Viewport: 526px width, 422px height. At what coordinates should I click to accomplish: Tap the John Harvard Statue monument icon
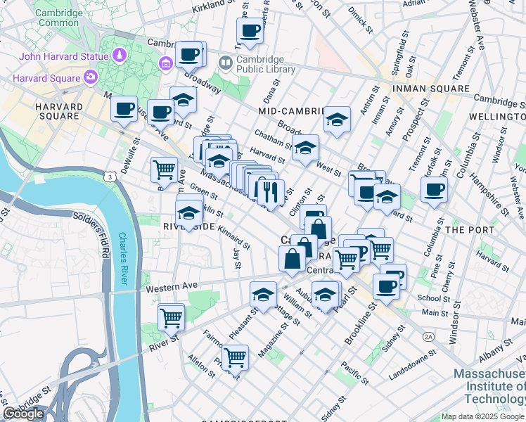pos(120,54)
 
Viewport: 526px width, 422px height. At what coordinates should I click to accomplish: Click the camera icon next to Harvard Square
pos(90,76)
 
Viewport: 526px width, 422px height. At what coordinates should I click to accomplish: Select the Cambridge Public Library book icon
pos(225,63)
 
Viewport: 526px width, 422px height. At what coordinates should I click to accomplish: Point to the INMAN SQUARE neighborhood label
pos(430,89)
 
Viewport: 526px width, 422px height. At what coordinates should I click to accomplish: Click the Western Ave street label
pos(166,287)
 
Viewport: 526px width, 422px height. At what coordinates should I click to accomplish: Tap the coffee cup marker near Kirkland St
pos(250,30)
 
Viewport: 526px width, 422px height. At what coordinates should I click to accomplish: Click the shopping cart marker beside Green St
pos(164,168)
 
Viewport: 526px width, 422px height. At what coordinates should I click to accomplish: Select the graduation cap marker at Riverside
pos(188,211)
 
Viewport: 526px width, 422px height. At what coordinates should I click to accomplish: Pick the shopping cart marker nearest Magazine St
pos(234,357)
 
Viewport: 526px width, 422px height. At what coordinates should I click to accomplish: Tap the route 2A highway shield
pos(428,337)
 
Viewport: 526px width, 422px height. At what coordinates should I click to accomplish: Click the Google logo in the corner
pos(24,414)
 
